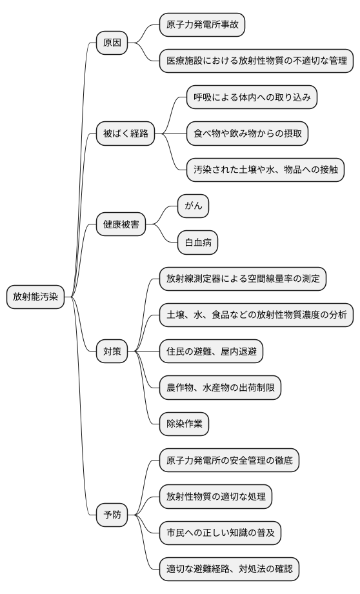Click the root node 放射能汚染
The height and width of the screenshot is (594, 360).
pyautogui.click(x=35, y=297)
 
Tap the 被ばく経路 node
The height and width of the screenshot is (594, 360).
pyautogui.click(x=126, y=134)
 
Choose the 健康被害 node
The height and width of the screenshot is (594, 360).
pyautogui.click(x=121, y=224)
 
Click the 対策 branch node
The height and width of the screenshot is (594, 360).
pyautogui.click(x=112, y=351)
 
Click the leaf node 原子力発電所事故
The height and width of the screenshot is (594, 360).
pyautogui.click(x=203, y=25)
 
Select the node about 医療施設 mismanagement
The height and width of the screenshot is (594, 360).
pyautogui.click(x=257, y=61)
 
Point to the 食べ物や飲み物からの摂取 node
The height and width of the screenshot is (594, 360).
pyautogui.click(x=248, y=134)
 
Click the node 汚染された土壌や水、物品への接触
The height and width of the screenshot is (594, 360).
pyautogui.click(x=265, y=170)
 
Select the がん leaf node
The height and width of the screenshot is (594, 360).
pyautogui.click(x=194, y=206)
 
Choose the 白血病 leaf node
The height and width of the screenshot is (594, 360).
pyautogui.click(x=198, y=243)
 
